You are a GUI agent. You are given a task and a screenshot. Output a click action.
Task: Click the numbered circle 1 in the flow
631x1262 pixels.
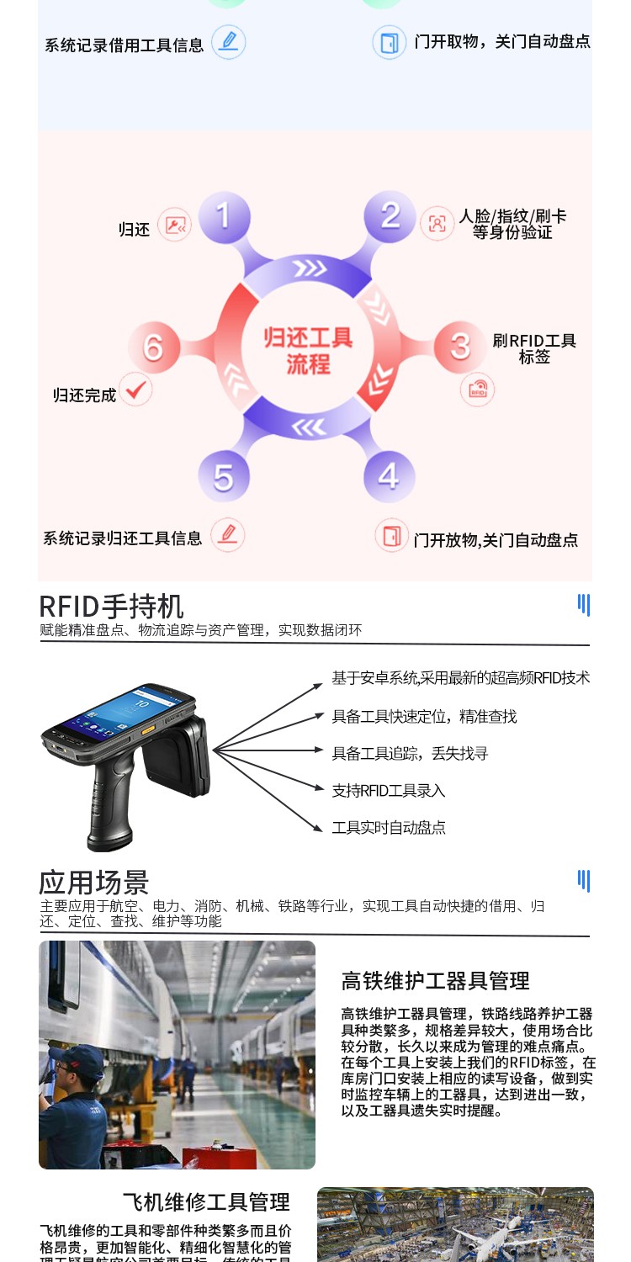[x=223, y=216]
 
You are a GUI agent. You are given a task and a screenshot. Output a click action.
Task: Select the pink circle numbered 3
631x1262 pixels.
[x=460, y=346]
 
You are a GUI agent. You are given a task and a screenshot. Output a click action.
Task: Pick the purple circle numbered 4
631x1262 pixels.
[x=389, y=476]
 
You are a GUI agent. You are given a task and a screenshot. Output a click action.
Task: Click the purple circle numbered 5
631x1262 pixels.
[x=223, y=477]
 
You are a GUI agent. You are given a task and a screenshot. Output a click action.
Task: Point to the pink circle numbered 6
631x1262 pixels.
[x=153, y=346]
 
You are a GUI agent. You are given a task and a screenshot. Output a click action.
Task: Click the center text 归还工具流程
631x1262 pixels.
[x=307, y=351]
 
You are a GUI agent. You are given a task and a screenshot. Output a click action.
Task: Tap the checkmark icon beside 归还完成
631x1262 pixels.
[x=135, y=390]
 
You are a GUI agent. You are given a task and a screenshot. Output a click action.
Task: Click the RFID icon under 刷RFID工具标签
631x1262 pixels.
[x=478, y=390]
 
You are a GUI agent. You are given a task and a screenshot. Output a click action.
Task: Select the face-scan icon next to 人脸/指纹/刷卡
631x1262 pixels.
[x=437, y=224]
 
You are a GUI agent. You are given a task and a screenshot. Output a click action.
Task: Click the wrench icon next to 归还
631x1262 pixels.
[x=175, y=225]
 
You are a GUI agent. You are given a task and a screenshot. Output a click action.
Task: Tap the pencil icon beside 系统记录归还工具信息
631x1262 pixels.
[x=227, y=535]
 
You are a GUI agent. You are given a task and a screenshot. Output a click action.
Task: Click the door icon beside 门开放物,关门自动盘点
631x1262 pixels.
[x=390, y=535]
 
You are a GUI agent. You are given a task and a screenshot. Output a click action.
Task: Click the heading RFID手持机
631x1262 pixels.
[x=111, y=606]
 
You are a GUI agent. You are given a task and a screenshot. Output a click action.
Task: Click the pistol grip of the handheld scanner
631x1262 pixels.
[x=111, y=808]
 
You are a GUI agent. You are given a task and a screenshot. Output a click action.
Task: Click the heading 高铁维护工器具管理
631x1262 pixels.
[x=435, y=981]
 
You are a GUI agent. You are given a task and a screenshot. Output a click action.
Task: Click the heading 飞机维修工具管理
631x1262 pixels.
[x=206, y=1201]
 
